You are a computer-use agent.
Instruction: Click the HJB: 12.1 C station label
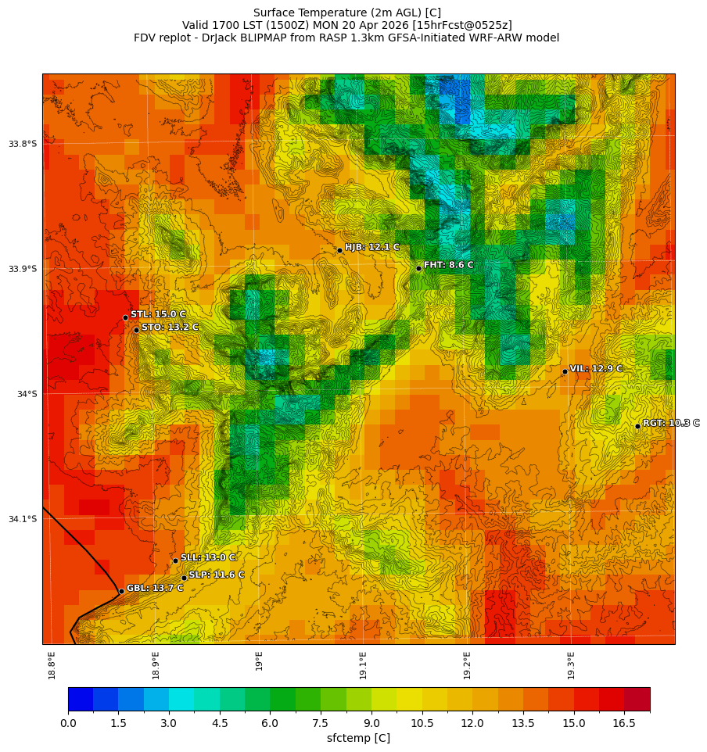point(371,247)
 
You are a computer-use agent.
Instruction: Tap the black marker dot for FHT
point(418,268)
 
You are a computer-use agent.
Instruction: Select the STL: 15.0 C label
point(158,314)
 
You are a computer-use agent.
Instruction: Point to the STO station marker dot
point(136,330)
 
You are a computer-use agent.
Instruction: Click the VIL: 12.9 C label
point(596,368)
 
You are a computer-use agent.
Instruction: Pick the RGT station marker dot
point(637,426)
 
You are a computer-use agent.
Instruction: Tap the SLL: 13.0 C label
point(207,557)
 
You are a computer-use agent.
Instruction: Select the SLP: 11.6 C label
point(216,575)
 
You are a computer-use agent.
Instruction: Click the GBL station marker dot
point(121,591)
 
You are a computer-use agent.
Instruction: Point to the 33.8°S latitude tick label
point(23,144)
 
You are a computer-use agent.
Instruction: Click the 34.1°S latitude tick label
point(23,519)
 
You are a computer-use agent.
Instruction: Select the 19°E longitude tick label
point(259,661)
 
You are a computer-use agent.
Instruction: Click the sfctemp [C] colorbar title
point(358,738)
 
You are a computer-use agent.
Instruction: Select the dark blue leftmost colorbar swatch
point(81,699)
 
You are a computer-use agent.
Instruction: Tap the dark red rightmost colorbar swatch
point(637,699)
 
